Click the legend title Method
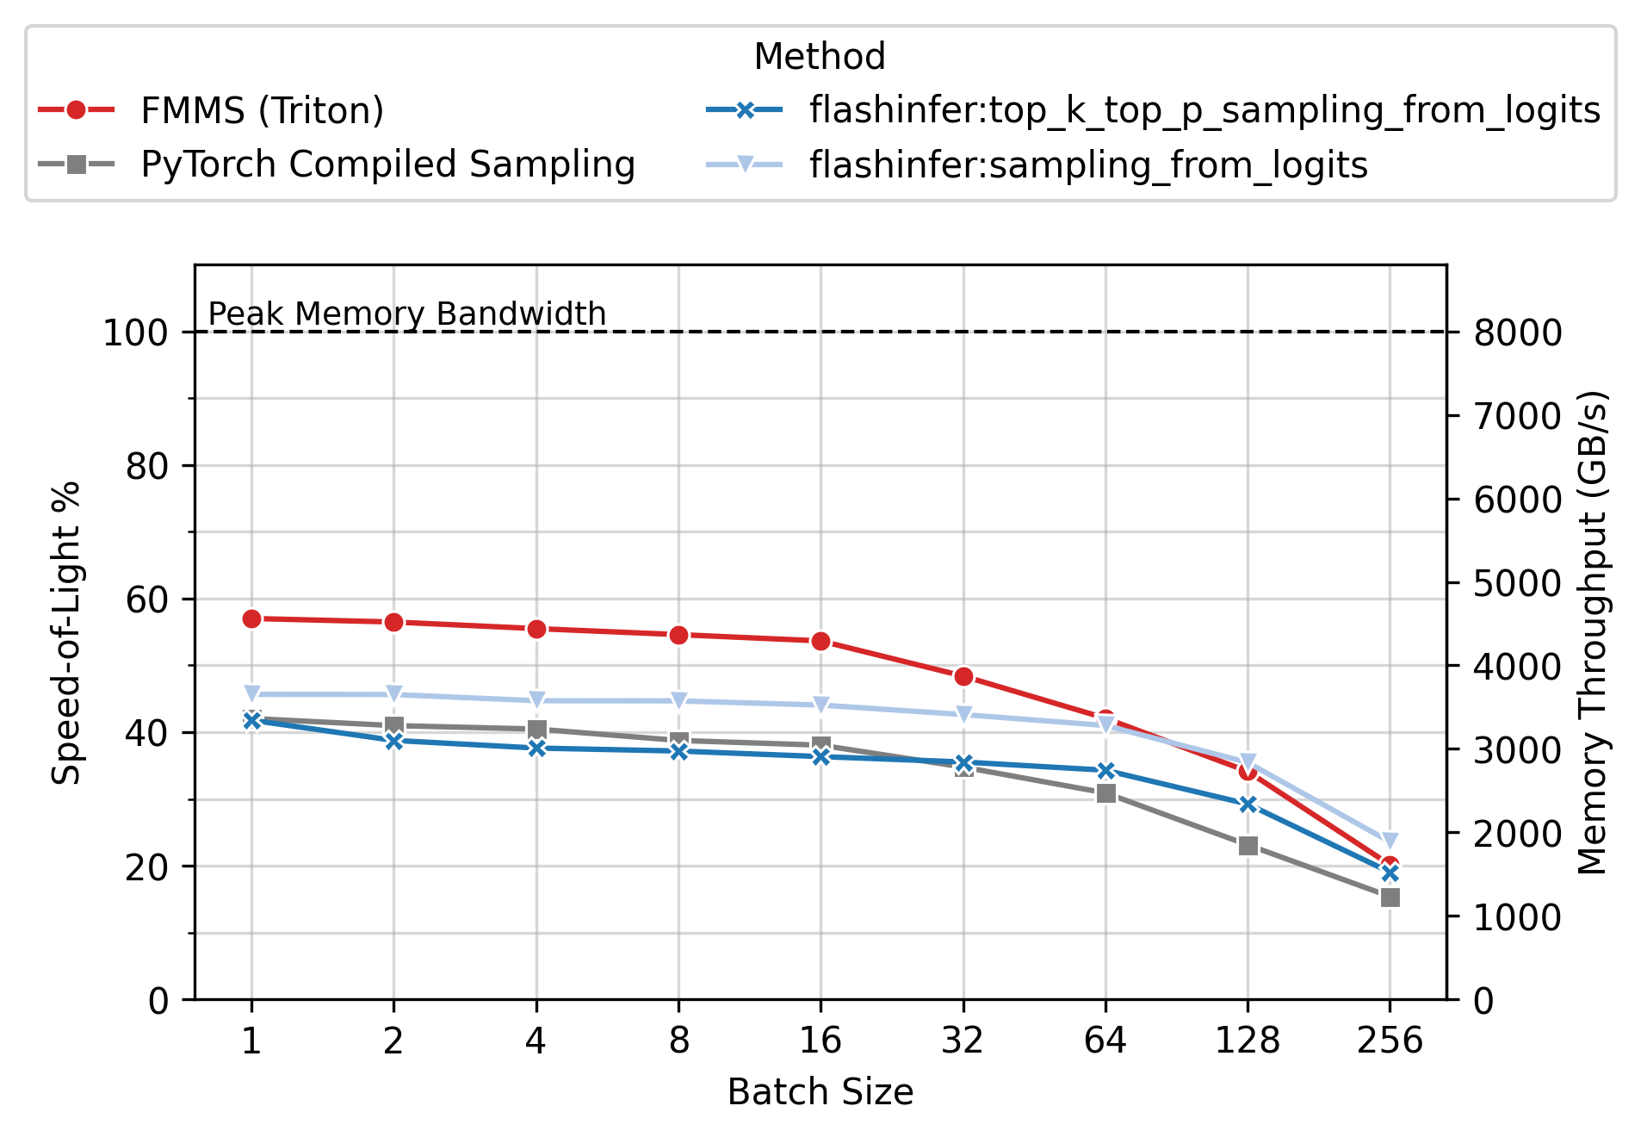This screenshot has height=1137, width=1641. point(819,57)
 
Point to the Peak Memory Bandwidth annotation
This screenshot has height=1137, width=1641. point(407,314)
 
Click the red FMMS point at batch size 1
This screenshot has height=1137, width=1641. point(251,618)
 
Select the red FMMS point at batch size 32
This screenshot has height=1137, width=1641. point(963,676)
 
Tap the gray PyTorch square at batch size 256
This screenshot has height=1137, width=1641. point(1390,898)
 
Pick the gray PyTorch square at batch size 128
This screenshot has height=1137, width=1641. point(1248,846)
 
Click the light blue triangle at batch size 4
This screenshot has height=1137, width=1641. point(536,700)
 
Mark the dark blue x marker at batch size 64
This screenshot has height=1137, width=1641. point(1106,770)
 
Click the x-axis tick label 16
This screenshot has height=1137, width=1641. point(820,1041)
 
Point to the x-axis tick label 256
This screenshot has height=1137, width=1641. point(1390,1041)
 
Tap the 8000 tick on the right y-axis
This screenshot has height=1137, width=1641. point(1517,332)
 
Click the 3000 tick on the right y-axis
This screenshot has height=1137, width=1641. point(1517,749)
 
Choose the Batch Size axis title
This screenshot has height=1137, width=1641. point(820,1092)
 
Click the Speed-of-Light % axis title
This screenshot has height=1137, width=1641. point(65,632)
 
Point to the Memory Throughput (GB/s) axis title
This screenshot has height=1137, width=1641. point(1593,632)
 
